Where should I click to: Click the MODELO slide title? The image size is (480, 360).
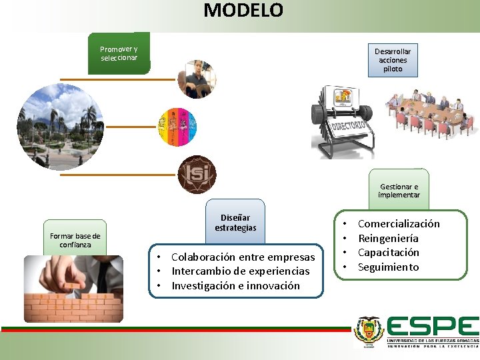coord(243,11)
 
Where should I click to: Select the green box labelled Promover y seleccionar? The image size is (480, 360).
coord(119,53)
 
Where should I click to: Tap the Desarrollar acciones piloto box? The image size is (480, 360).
coord(393,60)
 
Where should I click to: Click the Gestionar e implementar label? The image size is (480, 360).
coord(399,191)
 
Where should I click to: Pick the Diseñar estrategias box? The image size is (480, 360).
coord(235,223)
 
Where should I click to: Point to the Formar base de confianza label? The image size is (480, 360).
coord(75,240)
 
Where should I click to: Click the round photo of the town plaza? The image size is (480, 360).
coord(60,127)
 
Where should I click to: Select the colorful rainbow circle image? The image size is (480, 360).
coord(177,127)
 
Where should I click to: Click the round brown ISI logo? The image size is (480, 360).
coord(197,174)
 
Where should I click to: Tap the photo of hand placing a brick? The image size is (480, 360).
coord(73,288)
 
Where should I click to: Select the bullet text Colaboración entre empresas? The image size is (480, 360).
coord(243,257)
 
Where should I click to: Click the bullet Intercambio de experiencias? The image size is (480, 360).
coord(240,271)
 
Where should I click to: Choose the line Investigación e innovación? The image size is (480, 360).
coord(235,286)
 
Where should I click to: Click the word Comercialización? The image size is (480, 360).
coord(399,224)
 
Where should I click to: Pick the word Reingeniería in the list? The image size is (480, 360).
coord(388,239)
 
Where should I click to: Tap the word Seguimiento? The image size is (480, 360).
coord(388,267)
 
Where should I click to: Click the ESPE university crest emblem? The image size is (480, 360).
coord(369,331)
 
